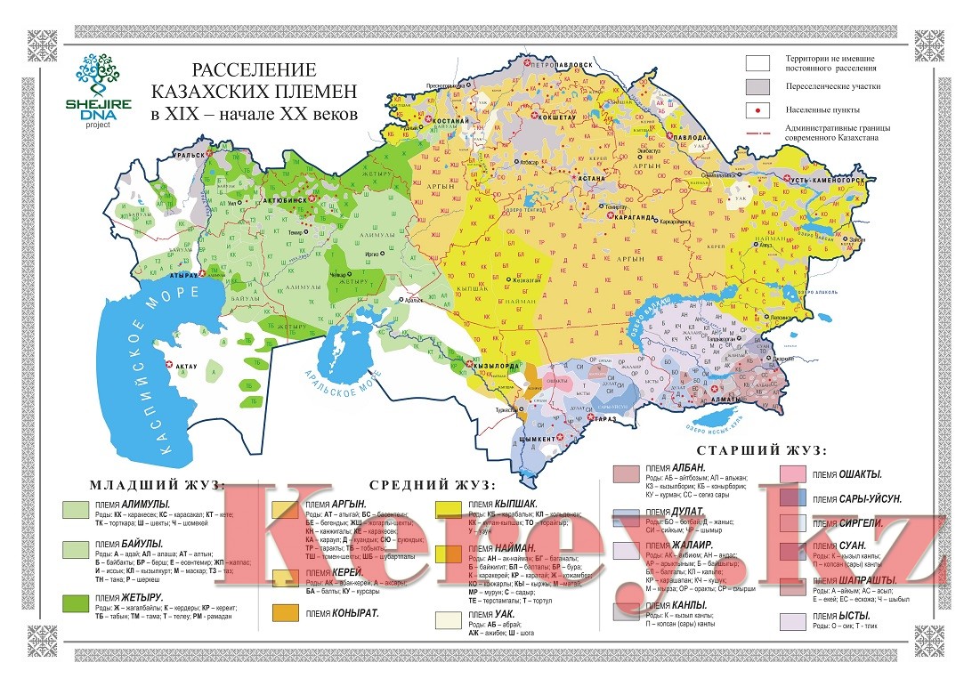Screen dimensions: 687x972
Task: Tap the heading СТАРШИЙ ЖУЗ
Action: [763, 450]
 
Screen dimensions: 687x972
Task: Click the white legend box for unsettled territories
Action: [757, 62]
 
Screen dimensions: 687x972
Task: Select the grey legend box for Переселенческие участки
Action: [757, 86]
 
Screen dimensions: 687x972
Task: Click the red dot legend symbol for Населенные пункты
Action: [757, 110]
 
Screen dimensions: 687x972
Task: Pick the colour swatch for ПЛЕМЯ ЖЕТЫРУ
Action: [74, 603]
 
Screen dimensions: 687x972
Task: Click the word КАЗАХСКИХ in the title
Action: [255, 91]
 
